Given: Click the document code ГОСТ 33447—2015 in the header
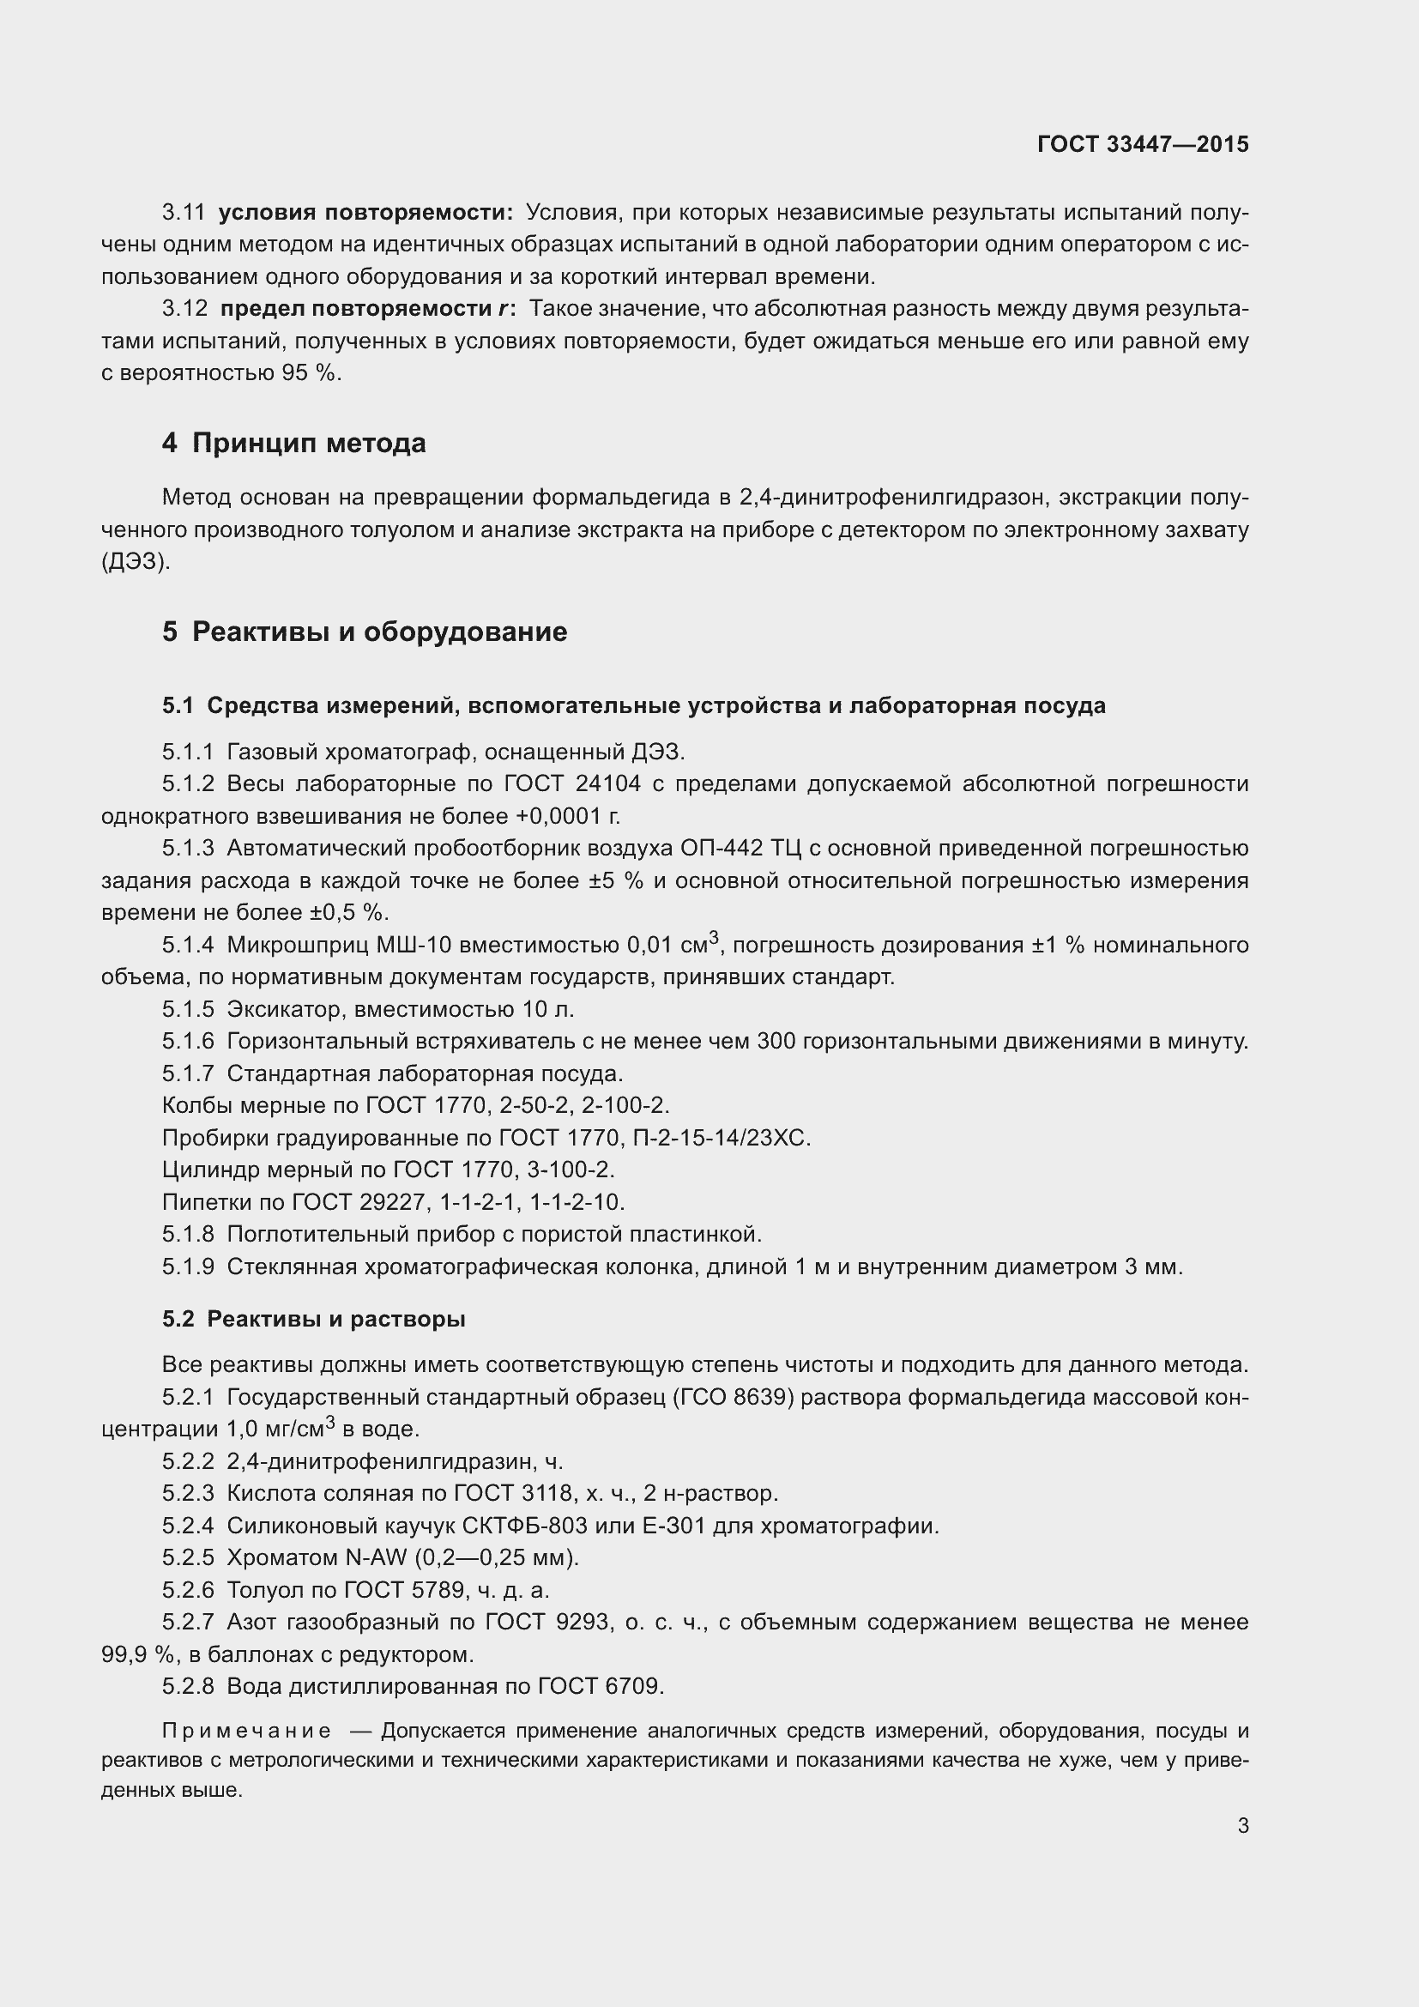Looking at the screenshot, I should pos(1143,144).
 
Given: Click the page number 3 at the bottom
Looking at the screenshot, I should pos(1242,1825).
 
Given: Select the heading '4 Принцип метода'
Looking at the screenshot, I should pos(293,443).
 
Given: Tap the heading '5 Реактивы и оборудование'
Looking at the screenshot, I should pos(365,632).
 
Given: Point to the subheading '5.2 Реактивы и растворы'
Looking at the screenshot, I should pos(314,1318).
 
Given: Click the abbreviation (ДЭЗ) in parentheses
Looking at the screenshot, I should pos(136,561).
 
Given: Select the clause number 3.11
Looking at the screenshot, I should pos(184,213).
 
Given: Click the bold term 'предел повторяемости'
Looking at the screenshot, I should pos(356,309).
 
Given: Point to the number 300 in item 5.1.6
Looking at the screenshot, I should pos(776,1041).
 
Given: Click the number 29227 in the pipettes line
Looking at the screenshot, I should pos(393,1202).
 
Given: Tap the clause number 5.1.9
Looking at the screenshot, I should pos(188,1266).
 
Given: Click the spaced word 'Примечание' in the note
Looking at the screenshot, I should pos(246,1731).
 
